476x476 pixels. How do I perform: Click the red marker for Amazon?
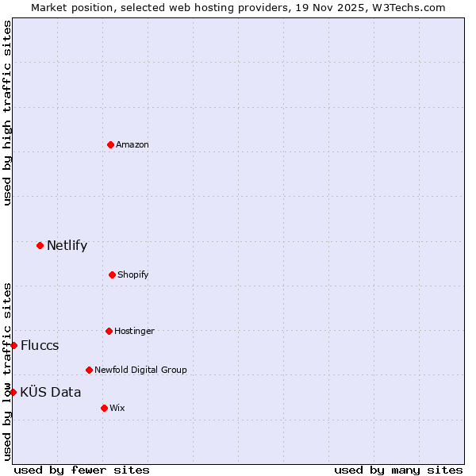tap(110, 144)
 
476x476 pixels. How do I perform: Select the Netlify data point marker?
tap(40, 245)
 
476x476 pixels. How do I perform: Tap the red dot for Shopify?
tap(112, 274)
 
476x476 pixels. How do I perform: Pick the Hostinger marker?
tap(109, 331)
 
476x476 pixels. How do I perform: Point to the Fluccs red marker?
tap(13, 345)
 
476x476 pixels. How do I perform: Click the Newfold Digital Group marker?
tap(89, 370)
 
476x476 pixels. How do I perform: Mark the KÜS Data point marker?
tap(13, 392)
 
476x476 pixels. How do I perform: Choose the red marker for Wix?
tap(104, 408)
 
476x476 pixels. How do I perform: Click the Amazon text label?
tap(132, 144)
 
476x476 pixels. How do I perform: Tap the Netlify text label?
tap(67, 245)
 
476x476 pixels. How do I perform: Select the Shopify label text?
tap(133, 274)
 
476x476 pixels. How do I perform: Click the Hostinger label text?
tap(134, 331)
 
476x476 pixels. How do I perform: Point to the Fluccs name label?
tap(40, 345)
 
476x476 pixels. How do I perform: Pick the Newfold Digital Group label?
tap(140, 370)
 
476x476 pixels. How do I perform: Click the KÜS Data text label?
tap(51, 392)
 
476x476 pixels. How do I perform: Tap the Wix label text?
tap(117, 408)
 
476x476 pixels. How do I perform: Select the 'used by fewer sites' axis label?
tap(82, 470)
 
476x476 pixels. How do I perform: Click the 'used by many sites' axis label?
tap(398, 470)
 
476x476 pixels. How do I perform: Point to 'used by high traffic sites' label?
tap(7, 113)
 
